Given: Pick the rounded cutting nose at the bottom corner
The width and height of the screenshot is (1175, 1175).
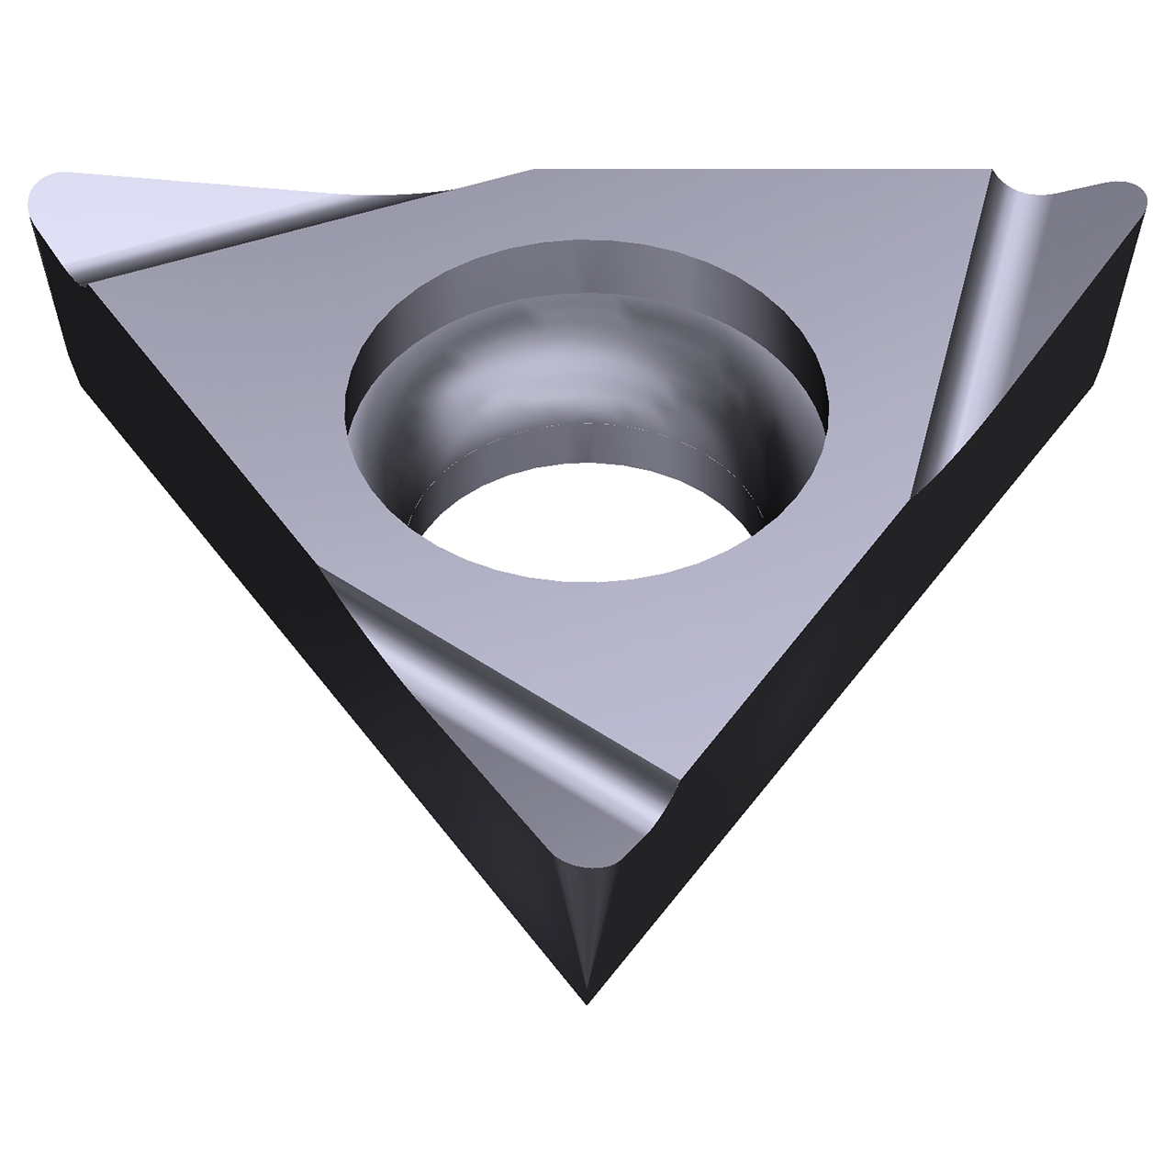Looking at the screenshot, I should click(x=601, y=858).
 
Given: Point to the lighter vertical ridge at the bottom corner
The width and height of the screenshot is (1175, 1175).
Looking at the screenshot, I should click(x=586, y=927).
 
